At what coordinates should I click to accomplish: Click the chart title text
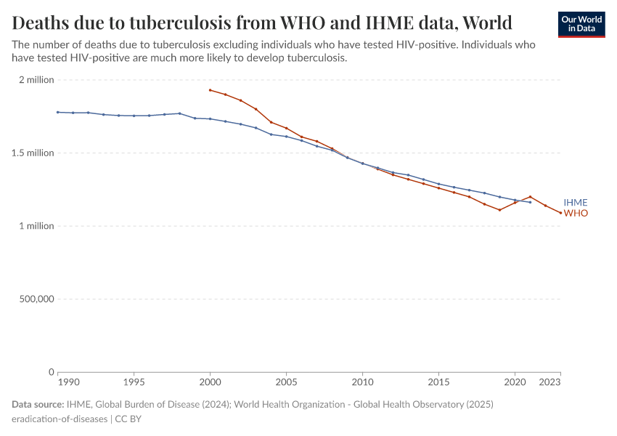[x=262, y=22]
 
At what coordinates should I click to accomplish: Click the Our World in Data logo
[x=581, y=24]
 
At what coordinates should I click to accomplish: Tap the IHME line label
[x=576, y=203]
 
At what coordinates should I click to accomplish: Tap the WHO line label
[x=576, y=213]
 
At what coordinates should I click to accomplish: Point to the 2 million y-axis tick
[x=36, y=80]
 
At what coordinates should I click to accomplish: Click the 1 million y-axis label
[x=36, y=226]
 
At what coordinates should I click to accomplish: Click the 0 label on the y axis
[x=51, y=372]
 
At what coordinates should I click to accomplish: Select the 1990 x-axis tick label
[x=68, y=381]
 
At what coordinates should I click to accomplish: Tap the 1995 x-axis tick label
[x=134, y=381]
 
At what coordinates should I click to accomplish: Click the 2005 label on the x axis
[x=286, y=381]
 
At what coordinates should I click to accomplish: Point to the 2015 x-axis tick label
[x=438, y=381]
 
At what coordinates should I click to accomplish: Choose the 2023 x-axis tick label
[x=550, y=381]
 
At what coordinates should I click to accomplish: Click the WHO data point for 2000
[x=210, y=90]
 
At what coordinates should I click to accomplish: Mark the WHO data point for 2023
[x=560, y=213]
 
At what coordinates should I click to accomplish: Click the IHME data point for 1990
[x=57, y=112]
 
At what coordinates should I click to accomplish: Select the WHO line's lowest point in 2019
[x=499, y=210]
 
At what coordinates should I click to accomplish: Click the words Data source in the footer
[x=38, y=404]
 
